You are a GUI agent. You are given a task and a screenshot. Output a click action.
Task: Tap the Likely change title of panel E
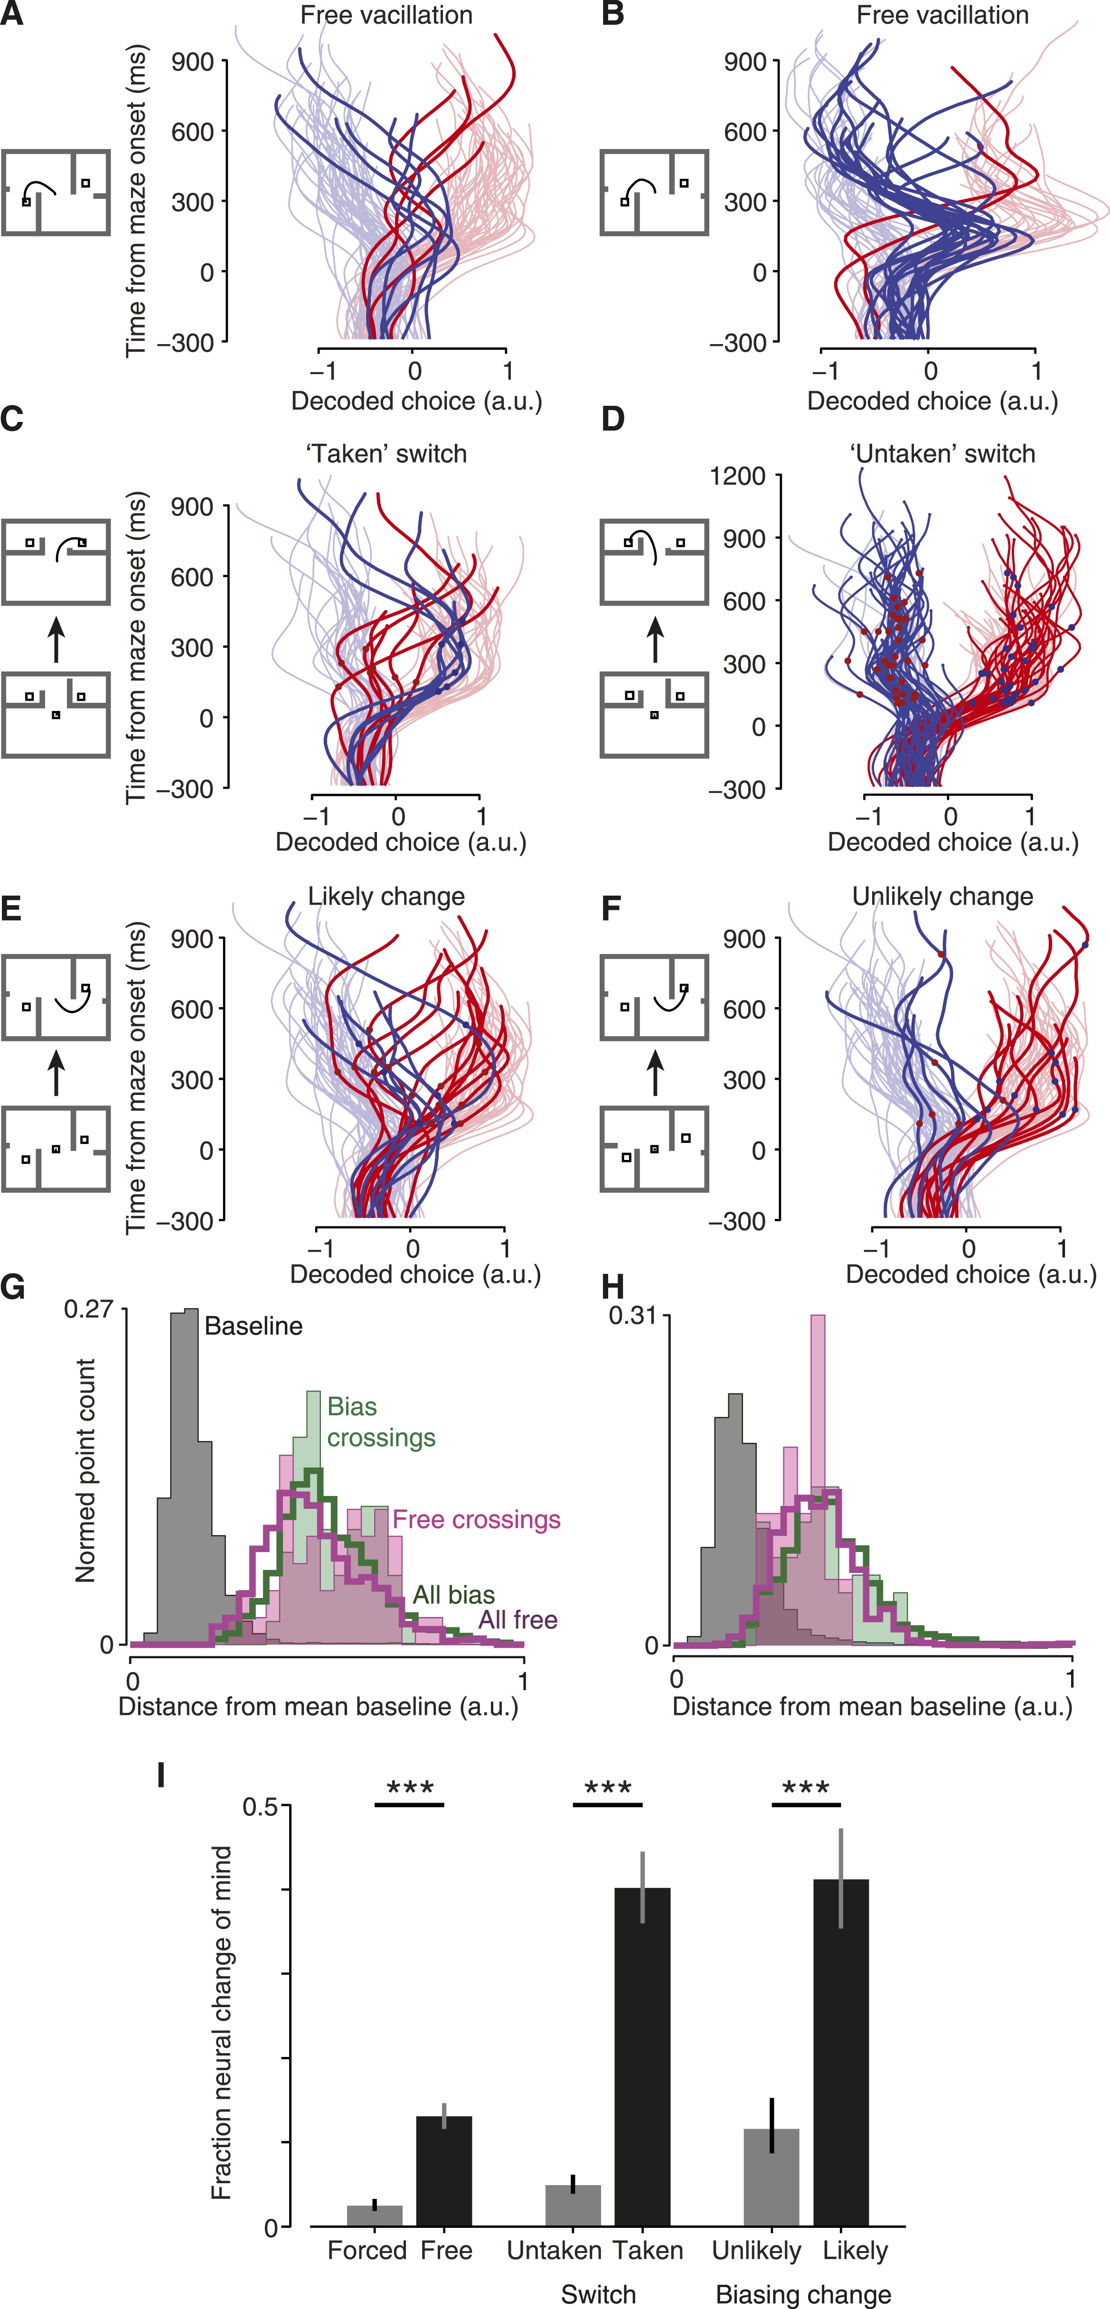pos(386,897)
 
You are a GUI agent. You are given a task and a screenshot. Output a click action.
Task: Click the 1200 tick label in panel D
pos(737,476)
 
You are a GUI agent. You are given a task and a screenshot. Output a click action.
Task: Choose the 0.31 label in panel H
pos(633,1316)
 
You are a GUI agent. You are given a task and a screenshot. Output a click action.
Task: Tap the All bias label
pos(454,1595)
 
